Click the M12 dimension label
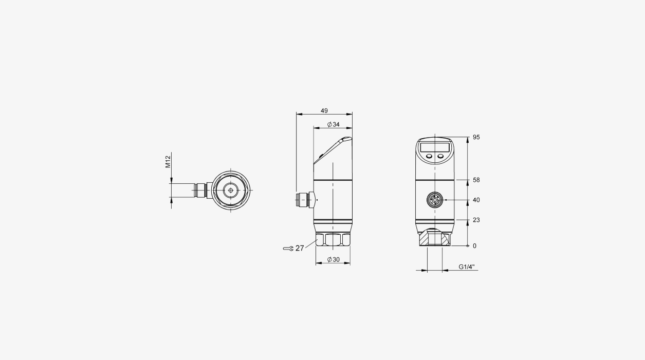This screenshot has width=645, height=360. click(x=168, y=161)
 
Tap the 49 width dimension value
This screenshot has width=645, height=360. click(x=324, y=111)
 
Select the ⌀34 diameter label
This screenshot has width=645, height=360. click(x=334, y=124)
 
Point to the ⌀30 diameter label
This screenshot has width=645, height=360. click(x=334, y=259)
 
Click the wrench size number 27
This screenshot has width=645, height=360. click(x=300, y=248)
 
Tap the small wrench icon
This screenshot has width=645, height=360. click(x=288, y=249)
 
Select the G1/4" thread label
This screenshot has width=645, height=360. click(x=467, y=267)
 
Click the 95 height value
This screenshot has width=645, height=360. click(x=476, y=137)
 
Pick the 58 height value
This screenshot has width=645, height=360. click(x=476, y=180)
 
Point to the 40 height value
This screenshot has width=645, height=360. click(x=476, y=200)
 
